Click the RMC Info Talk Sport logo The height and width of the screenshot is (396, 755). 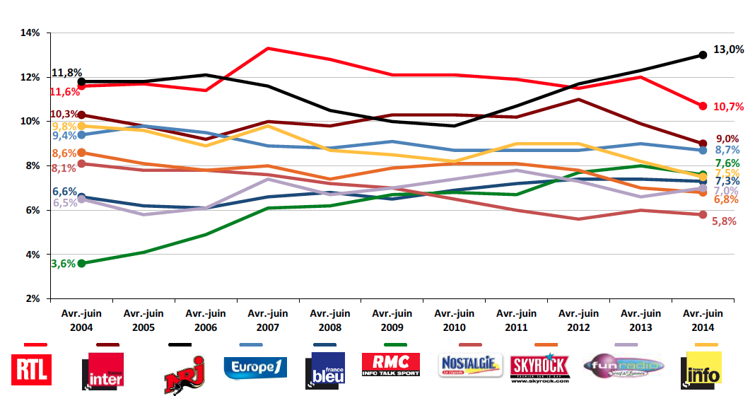(391, 364)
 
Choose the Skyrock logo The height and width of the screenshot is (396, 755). (539, 366)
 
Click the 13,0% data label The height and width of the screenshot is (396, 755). (729, 49)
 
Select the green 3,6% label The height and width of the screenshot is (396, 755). (63, 264)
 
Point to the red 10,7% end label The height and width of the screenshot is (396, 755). (729, 107)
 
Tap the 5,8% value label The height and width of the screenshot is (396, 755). (724, 221)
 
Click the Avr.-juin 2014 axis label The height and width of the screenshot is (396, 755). (703, 320)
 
